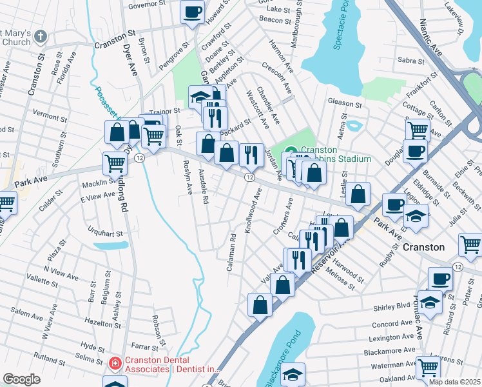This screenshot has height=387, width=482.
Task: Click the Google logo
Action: coord(21,379)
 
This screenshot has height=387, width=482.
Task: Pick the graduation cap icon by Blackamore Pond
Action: coord(293,374)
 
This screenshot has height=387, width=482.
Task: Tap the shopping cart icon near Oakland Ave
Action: coord(427,367)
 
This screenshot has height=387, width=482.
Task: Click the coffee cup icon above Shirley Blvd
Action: coord(441,279)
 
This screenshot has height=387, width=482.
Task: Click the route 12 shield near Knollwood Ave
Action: coord(249,177)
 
